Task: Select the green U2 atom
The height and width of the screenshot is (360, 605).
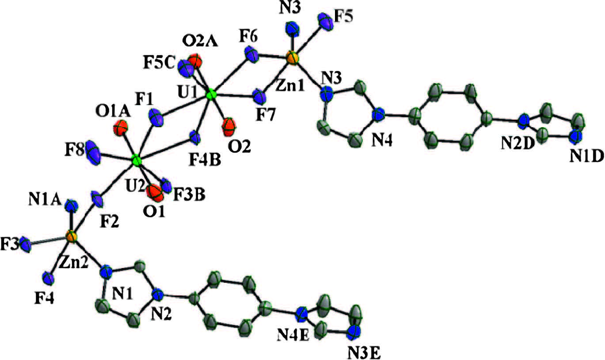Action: click(x=137, y=160)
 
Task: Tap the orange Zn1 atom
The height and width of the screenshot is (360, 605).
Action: click(x=291, y=57)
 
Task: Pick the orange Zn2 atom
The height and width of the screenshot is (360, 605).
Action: click(x=72, y=237)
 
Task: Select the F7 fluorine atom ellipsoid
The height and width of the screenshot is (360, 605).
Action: click(x=258, y=95)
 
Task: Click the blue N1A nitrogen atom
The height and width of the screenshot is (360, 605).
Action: click(x=71, y=205)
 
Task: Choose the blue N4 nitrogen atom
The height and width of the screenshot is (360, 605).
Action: click(x=378, y=115)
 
